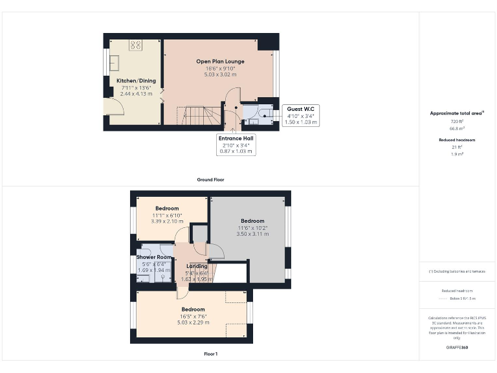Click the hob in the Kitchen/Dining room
point(136,45)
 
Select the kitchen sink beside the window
point(114,62)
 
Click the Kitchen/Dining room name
point(136,81)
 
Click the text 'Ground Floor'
point(211,179)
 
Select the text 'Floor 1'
point(211,354)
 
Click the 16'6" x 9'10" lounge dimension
point(221,68)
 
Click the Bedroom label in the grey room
point(252,221)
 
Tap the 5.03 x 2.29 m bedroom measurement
point(193,322)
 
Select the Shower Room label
point(153,257)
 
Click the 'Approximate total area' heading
point(456,113)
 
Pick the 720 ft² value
point(457,121)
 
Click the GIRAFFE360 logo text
point(457,348)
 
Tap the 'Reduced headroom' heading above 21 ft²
point(457,140)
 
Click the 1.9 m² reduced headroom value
point(457,154)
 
